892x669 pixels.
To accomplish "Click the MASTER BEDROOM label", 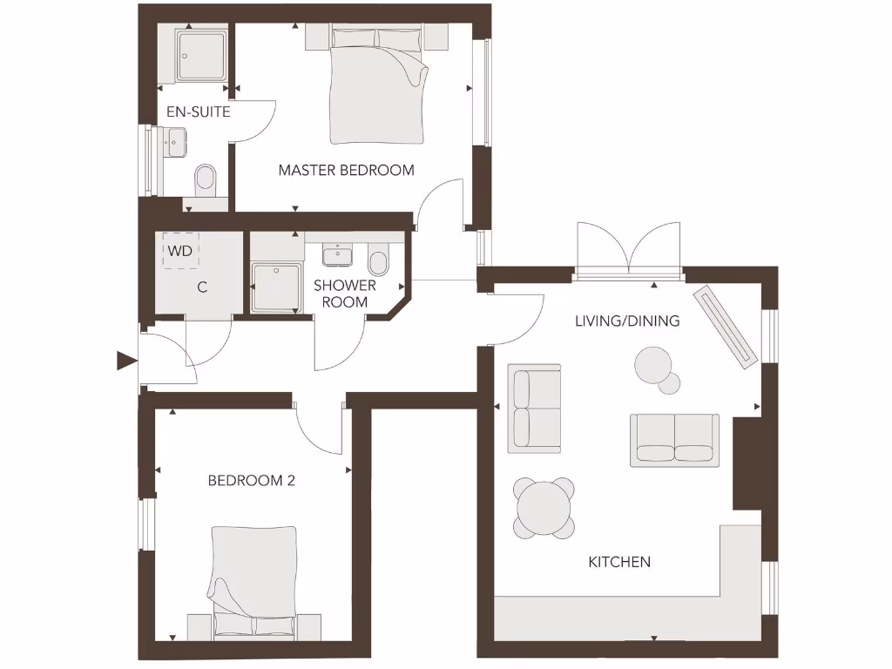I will [x=346, y=170].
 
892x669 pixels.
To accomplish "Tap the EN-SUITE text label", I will [x=199, y=112].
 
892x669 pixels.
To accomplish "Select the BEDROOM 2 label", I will [x=251, y=480].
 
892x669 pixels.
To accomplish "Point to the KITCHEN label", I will [x=619, y=562].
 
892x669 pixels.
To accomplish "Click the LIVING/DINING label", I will [x=627, y=321].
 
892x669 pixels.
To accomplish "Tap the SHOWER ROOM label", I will [x=345, y=294].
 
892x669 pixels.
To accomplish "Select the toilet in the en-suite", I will [x=206, y=179].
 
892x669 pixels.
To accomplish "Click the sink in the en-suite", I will [x=177, y=140].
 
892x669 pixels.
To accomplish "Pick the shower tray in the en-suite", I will [x=203, y=54].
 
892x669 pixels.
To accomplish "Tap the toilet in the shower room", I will [x=378, y=260].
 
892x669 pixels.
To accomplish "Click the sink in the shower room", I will [x=338, y=255].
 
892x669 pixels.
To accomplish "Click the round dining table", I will [x=544, y=507].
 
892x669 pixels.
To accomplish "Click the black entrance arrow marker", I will [x=127, y=360].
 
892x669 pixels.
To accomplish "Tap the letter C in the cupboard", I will [x=202, y=287].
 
